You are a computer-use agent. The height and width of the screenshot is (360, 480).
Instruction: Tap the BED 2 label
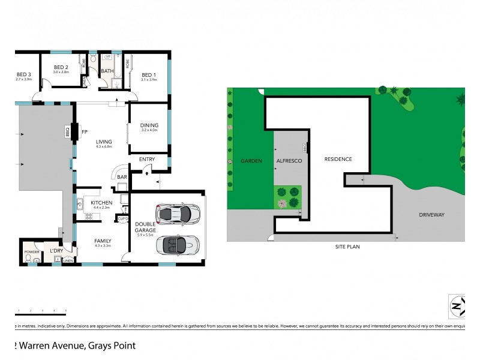[61, 67]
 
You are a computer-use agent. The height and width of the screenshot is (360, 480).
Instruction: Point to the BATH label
[107, 71]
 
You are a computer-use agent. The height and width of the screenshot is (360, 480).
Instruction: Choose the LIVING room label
[104, 142]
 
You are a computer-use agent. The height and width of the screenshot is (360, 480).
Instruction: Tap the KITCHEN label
[101, 203]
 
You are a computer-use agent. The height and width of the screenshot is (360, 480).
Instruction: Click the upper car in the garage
[177, 213]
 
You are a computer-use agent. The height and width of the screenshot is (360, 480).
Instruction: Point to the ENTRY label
[147, 159]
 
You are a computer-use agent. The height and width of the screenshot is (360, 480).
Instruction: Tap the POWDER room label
[31, 252]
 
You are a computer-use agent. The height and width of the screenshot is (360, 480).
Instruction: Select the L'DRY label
[56, 250]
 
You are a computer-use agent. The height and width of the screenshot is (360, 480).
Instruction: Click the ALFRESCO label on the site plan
[288, 161]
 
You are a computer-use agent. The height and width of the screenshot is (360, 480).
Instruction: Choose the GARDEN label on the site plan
[249, 161]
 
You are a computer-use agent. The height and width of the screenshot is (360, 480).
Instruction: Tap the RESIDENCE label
[338, 159]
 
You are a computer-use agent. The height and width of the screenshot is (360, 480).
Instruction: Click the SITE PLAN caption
[348, 247]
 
